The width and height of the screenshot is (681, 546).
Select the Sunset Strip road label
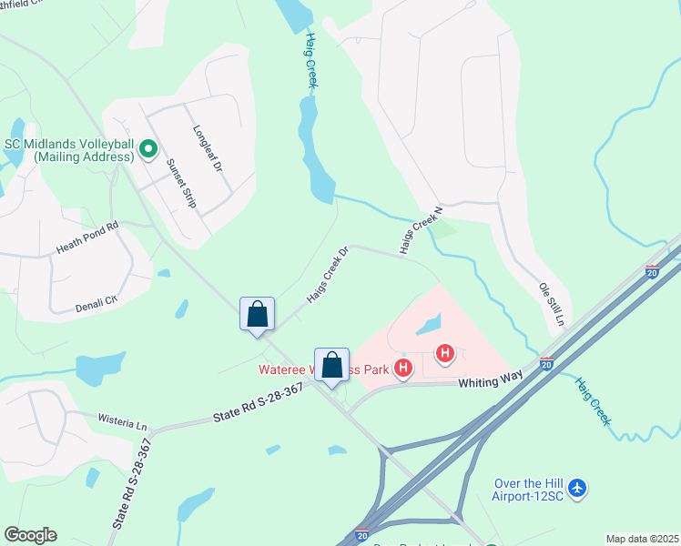click(181, 183)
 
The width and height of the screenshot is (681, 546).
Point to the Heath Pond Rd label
click(87, 236)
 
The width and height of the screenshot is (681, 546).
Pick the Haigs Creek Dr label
click(328, 274)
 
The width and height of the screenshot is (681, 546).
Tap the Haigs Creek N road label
click(420, 228)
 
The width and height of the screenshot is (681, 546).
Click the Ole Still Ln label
click(553, 305)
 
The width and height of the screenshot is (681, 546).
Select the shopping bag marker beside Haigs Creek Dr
click(259, 315)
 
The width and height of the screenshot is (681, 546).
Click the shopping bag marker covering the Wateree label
click(332, 365)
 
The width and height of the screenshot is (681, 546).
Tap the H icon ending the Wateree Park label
click(401, 369)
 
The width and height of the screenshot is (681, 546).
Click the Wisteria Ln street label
click(122, 421)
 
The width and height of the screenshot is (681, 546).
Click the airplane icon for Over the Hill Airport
click(576, 490)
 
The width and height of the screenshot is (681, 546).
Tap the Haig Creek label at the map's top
click(311, 61)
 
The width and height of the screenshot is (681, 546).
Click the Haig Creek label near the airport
click(591, 401)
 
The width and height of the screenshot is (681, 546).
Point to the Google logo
click(30, 535)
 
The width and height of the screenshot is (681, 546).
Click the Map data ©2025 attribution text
click(641, 539)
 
